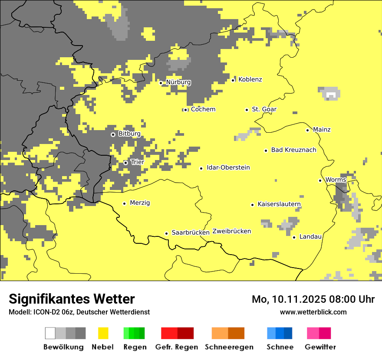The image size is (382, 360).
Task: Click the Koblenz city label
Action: coord(250,79)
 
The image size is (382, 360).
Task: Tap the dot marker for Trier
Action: coord(125,163)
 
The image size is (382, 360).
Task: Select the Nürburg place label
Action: coord(178,82)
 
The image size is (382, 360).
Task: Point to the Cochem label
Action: coord(203,109)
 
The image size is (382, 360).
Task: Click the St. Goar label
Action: coord(264,109)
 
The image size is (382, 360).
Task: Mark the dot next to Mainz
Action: coord(307,130)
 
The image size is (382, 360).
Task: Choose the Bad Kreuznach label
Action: coord(293,150)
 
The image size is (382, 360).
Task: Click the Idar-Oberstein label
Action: coord(228,168)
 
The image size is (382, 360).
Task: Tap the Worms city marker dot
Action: coord(320,180)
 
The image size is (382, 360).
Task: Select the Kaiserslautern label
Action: coord(279,204)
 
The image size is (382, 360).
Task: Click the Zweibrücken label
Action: coord(231,231)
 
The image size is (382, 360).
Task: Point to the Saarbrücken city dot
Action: coord(166,233)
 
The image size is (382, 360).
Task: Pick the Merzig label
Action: coord(140,203)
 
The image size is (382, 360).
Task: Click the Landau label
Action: coord(310,237)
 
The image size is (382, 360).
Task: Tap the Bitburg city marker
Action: coord(113,134)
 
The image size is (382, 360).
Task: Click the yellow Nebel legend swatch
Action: coord(103,333)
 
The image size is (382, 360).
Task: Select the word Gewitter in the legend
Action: coord(320,347)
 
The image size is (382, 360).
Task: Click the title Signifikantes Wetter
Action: coord(72,299)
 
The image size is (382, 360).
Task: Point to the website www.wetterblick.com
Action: coord(313,312)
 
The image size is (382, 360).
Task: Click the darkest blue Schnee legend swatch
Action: coord(288,333)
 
